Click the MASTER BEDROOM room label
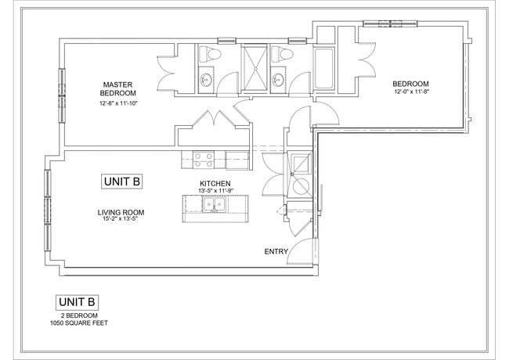click(x=119, y=88)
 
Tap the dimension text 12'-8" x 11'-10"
click(x=119, y=103)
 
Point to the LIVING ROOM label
click(x=121, y=212)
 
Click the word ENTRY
click(x=276, y=251)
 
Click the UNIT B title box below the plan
click(x=77, y=302)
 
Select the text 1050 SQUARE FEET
click(x=77, y=322)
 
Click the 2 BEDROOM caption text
click(x=77, y=315)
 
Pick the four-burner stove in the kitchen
click(x=204, y=159)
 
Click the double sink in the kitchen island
click(x=211, y=206)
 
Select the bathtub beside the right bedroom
click(x=325, y=69)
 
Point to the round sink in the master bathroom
click(x=207, y=79)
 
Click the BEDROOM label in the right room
click(x=411, y=84)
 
